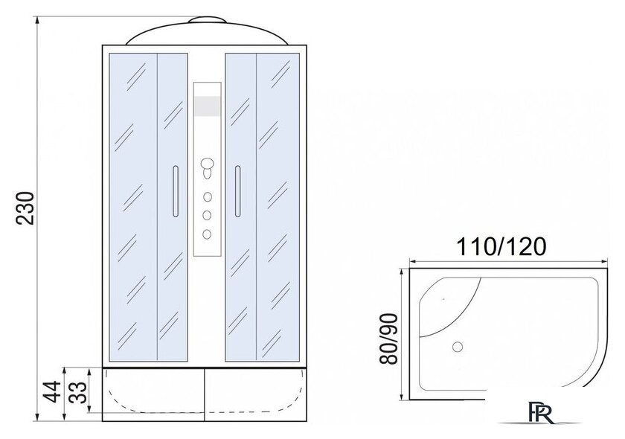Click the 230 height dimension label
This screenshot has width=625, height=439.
(x=26, y=208)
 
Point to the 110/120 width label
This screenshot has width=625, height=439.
(x=501, y=247)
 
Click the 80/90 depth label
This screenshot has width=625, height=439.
(x=388, y=339)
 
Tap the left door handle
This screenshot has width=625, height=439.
(x=176, y=191)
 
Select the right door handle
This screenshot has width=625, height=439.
(x=237, y=191)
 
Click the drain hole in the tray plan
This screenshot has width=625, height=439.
(x=458, y=347)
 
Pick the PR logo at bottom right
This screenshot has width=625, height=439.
(x=542, y=413)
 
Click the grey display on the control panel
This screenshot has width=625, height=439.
(x=208, y=106)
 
